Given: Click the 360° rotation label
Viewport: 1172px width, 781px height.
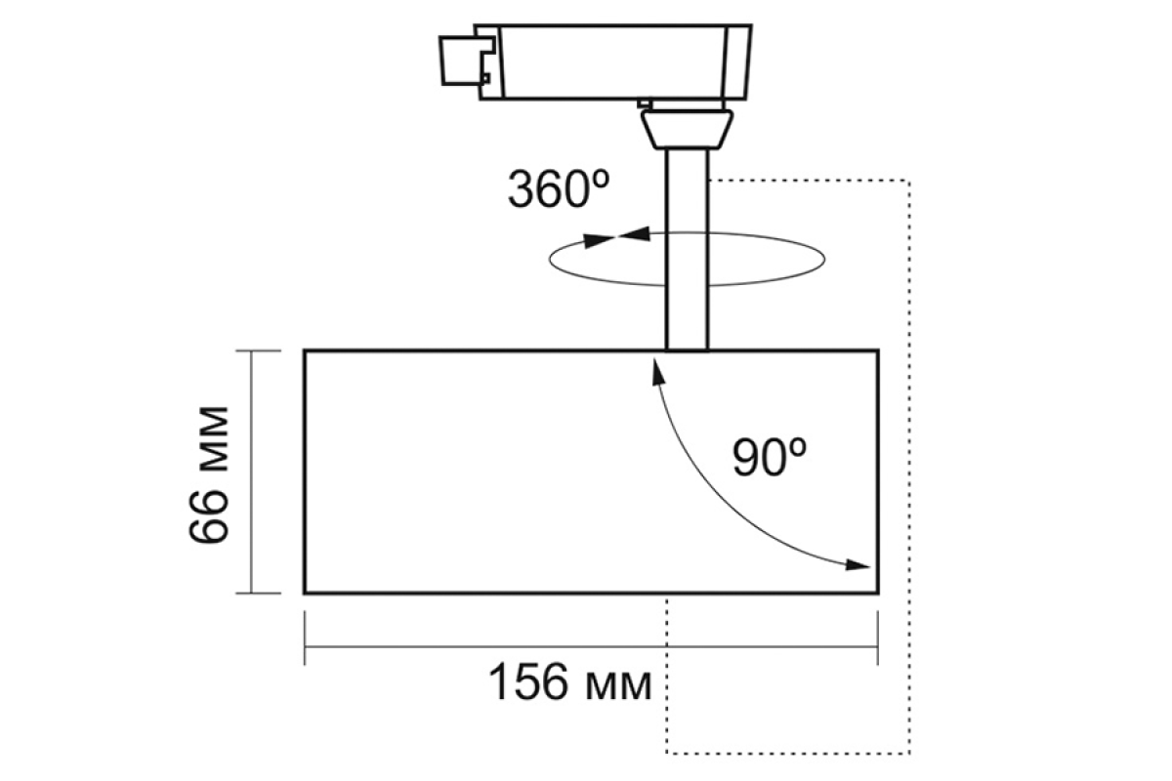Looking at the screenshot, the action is tap(559, 188).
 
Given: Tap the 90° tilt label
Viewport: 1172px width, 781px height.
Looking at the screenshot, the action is tap(770, 457).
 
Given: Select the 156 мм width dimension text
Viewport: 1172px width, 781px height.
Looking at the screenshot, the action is tap(570, 682).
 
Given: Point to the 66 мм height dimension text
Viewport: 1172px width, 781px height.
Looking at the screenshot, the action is tap(209, 475).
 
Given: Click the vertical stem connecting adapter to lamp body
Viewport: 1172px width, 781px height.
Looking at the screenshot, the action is tap(687, 250).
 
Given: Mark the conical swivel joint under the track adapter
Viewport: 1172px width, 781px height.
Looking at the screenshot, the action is tap(687, 130).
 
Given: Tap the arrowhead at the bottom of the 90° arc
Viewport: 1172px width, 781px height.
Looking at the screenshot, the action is tap(858, 565).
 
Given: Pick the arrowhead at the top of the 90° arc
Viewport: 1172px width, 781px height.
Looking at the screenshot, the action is tap(657, 371).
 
